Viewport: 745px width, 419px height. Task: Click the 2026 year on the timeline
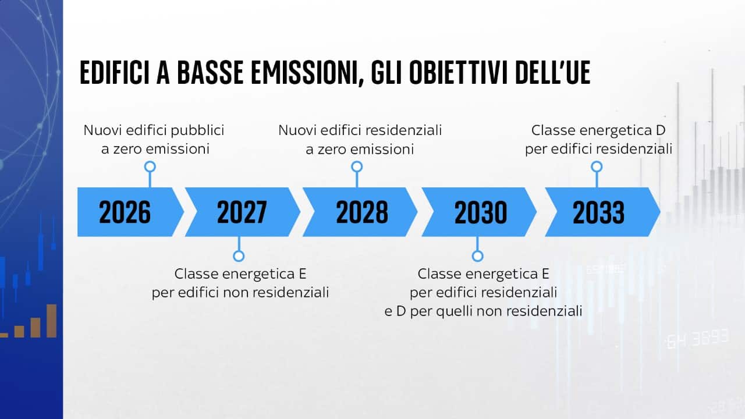coord(125,212)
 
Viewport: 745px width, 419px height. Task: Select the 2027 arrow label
coord(242,212)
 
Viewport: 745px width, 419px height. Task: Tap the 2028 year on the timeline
coord(362,212)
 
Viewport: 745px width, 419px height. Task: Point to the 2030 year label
coord(481,212)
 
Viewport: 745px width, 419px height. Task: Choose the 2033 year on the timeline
coord(599,212)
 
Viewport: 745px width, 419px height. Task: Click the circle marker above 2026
coord(150,166)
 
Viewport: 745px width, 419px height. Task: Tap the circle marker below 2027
coord(239,256)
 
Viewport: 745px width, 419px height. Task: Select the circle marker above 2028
coord(357,166)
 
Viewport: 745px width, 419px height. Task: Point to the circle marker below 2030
coord(478,256)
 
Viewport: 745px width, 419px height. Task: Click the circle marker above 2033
coord(597,166)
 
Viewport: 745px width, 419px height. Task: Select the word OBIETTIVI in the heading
coord(459,73)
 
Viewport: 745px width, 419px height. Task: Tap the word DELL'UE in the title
coord(553,73)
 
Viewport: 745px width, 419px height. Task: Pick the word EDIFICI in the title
coord(115,73)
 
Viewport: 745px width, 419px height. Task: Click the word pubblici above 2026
coord(197,130)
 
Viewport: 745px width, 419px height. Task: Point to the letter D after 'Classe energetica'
coord(661,130)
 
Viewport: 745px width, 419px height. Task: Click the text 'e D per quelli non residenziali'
coord(483,311)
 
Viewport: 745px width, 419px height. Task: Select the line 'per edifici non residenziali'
coord(240,293)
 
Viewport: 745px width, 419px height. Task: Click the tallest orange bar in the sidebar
coord(52,321)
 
